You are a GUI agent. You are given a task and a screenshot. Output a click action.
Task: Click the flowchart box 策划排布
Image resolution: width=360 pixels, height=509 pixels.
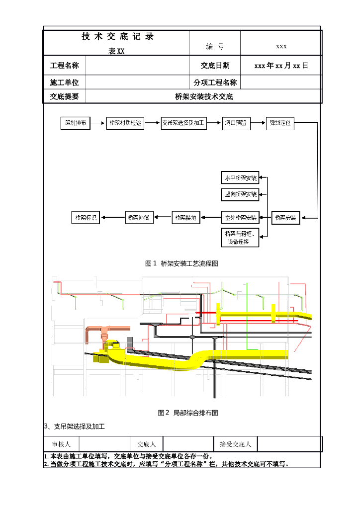[x=75, y=124]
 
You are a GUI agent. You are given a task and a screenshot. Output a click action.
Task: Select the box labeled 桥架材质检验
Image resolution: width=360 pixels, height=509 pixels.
[x=125, y=124]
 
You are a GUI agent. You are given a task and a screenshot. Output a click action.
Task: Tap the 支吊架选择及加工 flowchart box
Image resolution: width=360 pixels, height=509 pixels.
[x=183, y=124]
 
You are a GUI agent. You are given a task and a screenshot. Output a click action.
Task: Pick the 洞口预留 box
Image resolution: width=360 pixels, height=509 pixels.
[x=236, y=124]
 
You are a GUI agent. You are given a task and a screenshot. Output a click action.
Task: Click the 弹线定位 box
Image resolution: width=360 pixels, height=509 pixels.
[x=280, y=124]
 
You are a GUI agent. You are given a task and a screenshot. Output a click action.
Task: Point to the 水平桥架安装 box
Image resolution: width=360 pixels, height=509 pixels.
[x=240, y=177]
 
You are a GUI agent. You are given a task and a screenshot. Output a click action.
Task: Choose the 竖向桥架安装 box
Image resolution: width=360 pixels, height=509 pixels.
[x=240, y=194]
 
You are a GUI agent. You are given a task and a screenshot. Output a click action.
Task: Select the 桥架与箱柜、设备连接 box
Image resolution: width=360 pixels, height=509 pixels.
[x=240, y=238]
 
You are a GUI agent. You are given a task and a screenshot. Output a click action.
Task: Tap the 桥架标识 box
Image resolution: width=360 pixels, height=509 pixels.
[x=86, y=217]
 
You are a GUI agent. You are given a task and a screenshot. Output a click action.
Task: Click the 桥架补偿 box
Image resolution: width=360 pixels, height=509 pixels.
[x=140, y=217]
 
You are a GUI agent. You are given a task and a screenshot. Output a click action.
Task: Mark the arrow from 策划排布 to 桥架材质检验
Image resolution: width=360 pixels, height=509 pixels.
[x=98, y=124]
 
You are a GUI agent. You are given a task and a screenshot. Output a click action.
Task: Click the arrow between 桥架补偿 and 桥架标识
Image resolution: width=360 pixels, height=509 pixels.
[x=113, y=217]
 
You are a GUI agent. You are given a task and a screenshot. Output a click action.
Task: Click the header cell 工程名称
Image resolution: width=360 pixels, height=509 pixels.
[x=65, y=66]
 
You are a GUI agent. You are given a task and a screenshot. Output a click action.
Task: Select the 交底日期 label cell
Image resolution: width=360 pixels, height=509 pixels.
[x=215, y=66]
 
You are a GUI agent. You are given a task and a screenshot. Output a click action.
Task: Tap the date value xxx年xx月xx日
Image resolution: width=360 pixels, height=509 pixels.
[x=281, y=66]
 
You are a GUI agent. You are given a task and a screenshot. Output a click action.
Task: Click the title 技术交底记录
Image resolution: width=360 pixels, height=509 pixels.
[x=117, y=36]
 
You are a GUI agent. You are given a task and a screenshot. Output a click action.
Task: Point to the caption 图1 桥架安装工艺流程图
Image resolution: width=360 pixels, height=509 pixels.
[x=181, y=263]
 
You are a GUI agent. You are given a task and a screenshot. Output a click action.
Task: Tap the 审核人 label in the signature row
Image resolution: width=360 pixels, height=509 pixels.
[x=61, y=444]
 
